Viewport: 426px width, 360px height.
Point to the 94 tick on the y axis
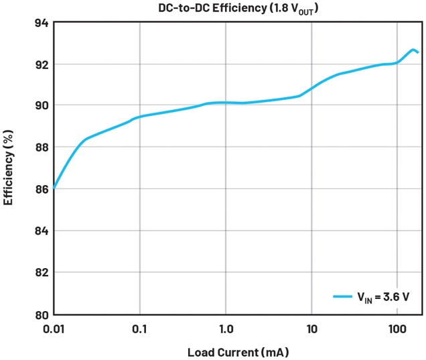pos(41,23)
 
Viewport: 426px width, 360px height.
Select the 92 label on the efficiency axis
pos(41,64)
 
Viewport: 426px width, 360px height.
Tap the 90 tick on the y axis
pos(41,106)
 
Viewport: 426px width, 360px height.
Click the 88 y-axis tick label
pos(41,147)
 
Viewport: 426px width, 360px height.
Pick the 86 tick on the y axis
pos(41,189)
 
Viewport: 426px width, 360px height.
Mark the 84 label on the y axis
pos(41,231)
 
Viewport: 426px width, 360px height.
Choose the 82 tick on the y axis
pos(41,272)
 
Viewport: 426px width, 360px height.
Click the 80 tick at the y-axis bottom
pos(41,314)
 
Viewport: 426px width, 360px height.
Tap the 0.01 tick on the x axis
pos(54,329)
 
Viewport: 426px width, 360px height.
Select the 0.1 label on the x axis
pos(139,329)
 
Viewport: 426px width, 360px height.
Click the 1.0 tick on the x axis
pos(226,329)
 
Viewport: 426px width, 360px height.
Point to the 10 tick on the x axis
pos(311,329)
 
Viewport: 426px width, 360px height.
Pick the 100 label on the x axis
pos(397,329)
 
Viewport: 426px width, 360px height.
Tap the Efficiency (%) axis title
pos(9,168)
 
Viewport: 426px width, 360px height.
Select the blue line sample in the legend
pos(343,296)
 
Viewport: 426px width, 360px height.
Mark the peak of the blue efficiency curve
pos(413,50)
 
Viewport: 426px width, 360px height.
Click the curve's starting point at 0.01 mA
pos(54,188)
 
